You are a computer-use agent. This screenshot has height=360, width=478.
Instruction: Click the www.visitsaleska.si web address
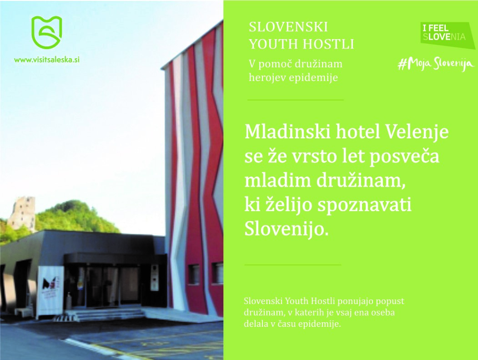pyautogui.click(x=47, y=60)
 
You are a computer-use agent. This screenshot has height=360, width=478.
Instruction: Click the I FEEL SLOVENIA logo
pyautogui.click(x=444, y=33)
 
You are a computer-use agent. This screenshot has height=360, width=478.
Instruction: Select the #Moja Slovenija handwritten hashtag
pyautogui.click(x=436, y=64)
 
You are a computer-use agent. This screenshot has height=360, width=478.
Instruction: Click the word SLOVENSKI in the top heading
pyautogui.click(x=288, y=27)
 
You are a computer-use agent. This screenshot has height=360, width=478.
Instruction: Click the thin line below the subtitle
pyautogui.click(x=295, y=100)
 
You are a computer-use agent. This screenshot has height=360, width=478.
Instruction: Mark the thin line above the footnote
pyautogui.click(x=292, y=264)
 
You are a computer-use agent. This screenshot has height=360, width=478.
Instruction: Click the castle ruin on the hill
pyautogui.click(x=22, y=212)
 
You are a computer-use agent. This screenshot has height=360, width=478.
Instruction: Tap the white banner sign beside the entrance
pyautogui.click(x=50, y=290)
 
